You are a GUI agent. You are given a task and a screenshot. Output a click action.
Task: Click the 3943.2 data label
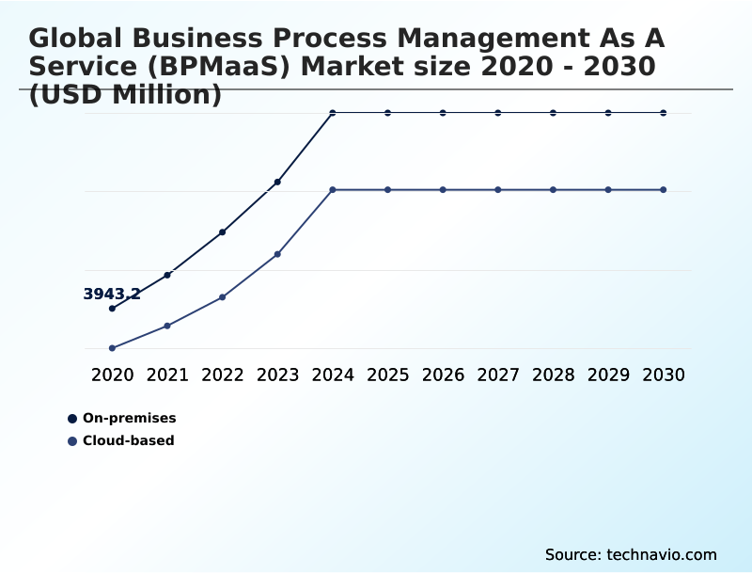coord(112,295)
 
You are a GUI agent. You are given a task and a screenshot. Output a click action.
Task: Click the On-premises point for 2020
coord(112,309)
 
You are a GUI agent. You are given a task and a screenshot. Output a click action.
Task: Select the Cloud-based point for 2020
coord(112,348)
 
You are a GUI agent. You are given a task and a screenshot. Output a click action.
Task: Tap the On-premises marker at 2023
coord(277,182)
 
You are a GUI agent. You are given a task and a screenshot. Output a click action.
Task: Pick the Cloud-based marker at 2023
coord(277,254)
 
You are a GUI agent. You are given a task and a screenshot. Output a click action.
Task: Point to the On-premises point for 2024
coord(333,113)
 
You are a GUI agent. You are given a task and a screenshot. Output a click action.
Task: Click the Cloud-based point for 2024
coord(333,190)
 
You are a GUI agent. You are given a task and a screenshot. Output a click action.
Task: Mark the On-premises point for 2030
coord(664,113)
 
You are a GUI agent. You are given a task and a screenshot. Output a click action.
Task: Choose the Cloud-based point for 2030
coord(664,190)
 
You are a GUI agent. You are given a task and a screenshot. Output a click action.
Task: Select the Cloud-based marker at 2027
coord(498,190)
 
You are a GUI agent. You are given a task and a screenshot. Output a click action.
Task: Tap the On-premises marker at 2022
coord(222,231)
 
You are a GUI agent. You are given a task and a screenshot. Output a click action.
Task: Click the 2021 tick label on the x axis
coord(167,375)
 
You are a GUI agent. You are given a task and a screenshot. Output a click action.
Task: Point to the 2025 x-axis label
coord(387,375)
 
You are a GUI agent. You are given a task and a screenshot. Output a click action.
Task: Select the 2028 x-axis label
coord(553,375)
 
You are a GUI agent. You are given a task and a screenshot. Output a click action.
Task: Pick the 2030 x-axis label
coord(664,375)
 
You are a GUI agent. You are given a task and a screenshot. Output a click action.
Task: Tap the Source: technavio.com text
coord(631,554)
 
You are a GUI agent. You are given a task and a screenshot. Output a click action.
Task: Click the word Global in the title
coord(77,39)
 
